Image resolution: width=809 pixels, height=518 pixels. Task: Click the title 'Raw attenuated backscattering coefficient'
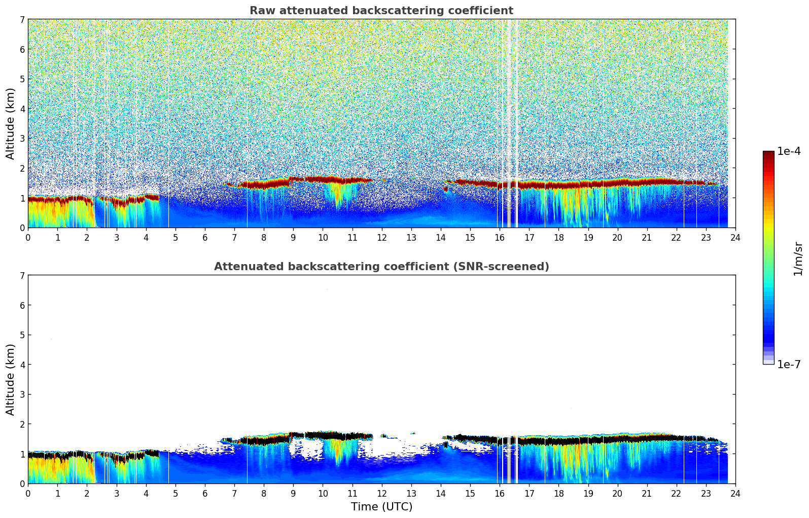pyautogui.click(x=381, y=11)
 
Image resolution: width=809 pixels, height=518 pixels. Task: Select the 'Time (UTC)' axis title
pyautogui.click(x=381, y=506)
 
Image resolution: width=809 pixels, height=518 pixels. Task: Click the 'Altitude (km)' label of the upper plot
pyautogui.click(x=11, y=123)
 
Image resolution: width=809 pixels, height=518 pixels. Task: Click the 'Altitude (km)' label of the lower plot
pyautogui.click(x=11, y=379)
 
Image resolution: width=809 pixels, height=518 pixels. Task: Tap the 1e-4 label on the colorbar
pyautogui.click(x=789, y=151)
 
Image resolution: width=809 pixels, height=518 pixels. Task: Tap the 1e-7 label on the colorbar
pyautogui.click(x=789, y=364)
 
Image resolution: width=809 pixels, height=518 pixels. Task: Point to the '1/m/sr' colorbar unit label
pyautogui.click(x=798, y=259)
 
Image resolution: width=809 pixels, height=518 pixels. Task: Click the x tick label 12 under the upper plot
pyautogui.click(x=381, y=237)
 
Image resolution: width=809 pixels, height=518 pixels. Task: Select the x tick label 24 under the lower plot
pyautogui.click(x=735, y=493)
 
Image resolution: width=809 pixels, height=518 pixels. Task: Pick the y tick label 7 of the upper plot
pyautogui.click(x=22, y=20)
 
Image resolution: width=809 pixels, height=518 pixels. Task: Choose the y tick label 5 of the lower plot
pyautogui.click(x=22, y=335)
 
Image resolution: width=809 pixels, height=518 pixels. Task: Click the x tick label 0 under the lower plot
pyautogui.click(x=28, y=493)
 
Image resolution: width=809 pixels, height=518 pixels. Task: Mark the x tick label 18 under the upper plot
pyautogui.click(x=558, y=237)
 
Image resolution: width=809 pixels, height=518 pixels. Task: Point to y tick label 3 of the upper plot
pyautogui.click(x=22, y=139)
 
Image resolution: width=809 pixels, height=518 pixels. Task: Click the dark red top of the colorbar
pyautogui.click(x=768, y=153)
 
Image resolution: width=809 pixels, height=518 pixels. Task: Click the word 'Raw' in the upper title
pyautogui.click(x=260, y=11)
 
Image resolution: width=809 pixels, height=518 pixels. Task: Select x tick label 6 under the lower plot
pyautogui.click(x=205, y=493)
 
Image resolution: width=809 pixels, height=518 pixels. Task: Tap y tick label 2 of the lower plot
pyautogui.click(x=22, y=424)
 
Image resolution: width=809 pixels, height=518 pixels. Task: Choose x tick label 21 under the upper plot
pyautogui.click(x=647, y=237)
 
